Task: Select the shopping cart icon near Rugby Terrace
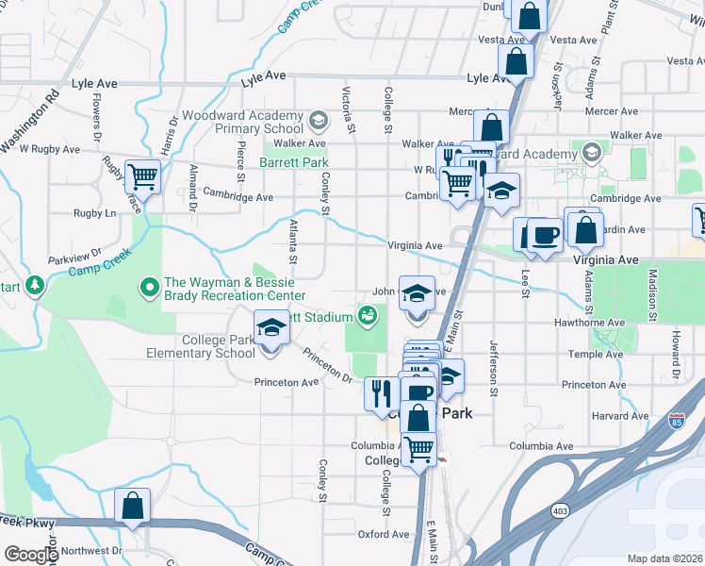pyautogui.click(x=142, y=175)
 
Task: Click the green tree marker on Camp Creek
pyautogui.click(x=35, y=284)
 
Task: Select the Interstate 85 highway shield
pyautogui.click(x=678, y=420)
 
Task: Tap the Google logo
pyautogui.click(x=30, y=555)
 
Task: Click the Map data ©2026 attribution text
pyautogui.click(x=664, y=558)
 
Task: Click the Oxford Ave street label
pyautogui.click(x=384, y=534)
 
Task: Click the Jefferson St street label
pyautogui.click(x=492, y=367)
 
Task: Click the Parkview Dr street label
pyautogui.click(x=72, y=256)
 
